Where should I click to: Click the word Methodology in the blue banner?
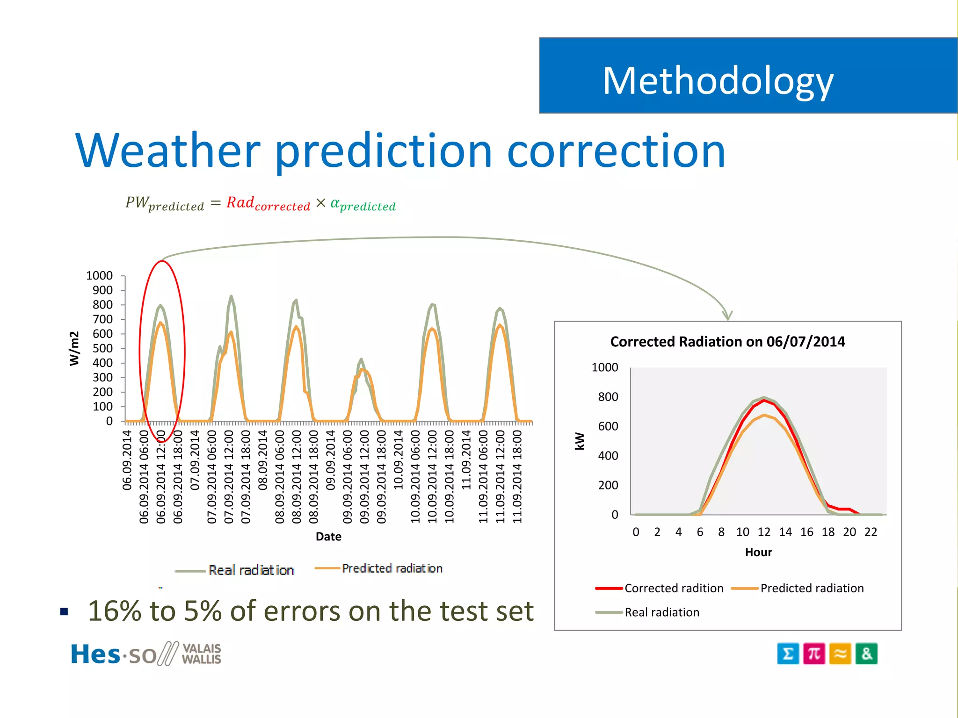point(718,81)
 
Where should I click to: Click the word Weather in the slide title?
point(167,151)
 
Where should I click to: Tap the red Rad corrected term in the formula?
point(268,204)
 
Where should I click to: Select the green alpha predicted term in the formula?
point(363,205)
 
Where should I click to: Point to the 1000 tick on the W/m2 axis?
point(99,276)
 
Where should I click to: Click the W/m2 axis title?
point(74,348)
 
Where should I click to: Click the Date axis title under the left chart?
point(328,537)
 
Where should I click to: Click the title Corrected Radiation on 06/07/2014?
point(727,342)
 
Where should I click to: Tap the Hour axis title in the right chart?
point(758,553)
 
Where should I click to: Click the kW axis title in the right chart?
point(579,441)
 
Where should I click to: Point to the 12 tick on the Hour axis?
point(764,532)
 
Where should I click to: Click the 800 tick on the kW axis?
point(608,397)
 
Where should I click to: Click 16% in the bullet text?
point(115,611)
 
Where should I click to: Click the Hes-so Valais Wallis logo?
point(145,654)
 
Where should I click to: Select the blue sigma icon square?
point(788,653)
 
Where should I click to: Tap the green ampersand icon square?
point(866,653)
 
